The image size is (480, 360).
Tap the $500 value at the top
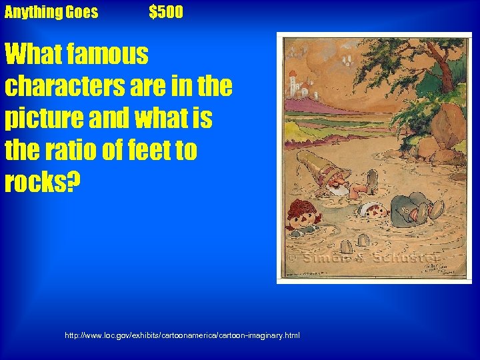(x=166, y=12)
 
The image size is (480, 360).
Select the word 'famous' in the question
(x=105, y=54)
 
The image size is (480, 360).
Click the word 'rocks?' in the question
(x=41, y=182)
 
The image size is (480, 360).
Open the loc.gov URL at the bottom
(x=182, y=335)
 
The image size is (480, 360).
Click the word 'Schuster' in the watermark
(x=397, y=258)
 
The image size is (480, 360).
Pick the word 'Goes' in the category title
(x=81, y=12)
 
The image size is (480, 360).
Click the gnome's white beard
(x=337, y=191)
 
